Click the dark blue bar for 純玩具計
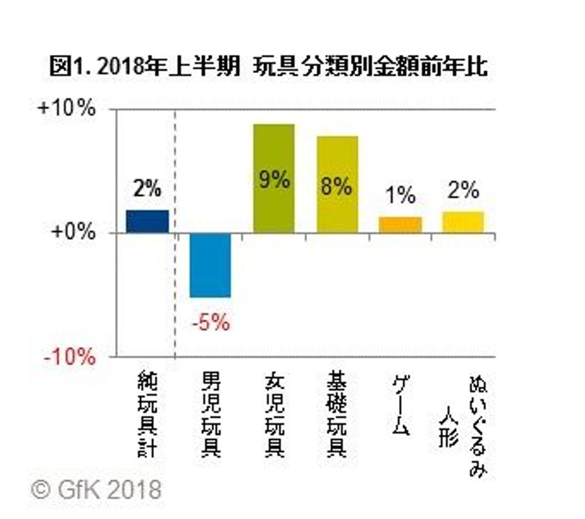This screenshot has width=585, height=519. coord(148,221)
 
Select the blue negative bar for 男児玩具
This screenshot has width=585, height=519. coord(210,265)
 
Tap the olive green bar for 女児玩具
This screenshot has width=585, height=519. coord(274,178)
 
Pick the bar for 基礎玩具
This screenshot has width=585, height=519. coord(337,184)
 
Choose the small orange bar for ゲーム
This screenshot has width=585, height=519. coord(400,225)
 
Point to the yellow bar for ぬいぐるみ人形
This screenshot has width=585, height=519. coord(463,222)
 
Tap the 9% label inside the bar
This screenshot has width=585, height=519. coord(274,180)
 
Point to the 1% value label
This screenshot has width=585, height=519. coord(400,196)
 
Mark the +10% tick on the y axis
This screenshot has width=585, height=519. coord(70,110)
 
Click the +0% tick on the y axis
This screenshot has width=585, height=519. coord(75,232)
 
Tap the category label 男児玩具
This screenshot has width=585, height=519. coord(210,415)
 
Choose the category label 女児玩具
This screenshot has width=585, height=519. coord(274,415)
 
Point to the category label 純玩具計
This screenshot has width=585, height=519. coord(148,415)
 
